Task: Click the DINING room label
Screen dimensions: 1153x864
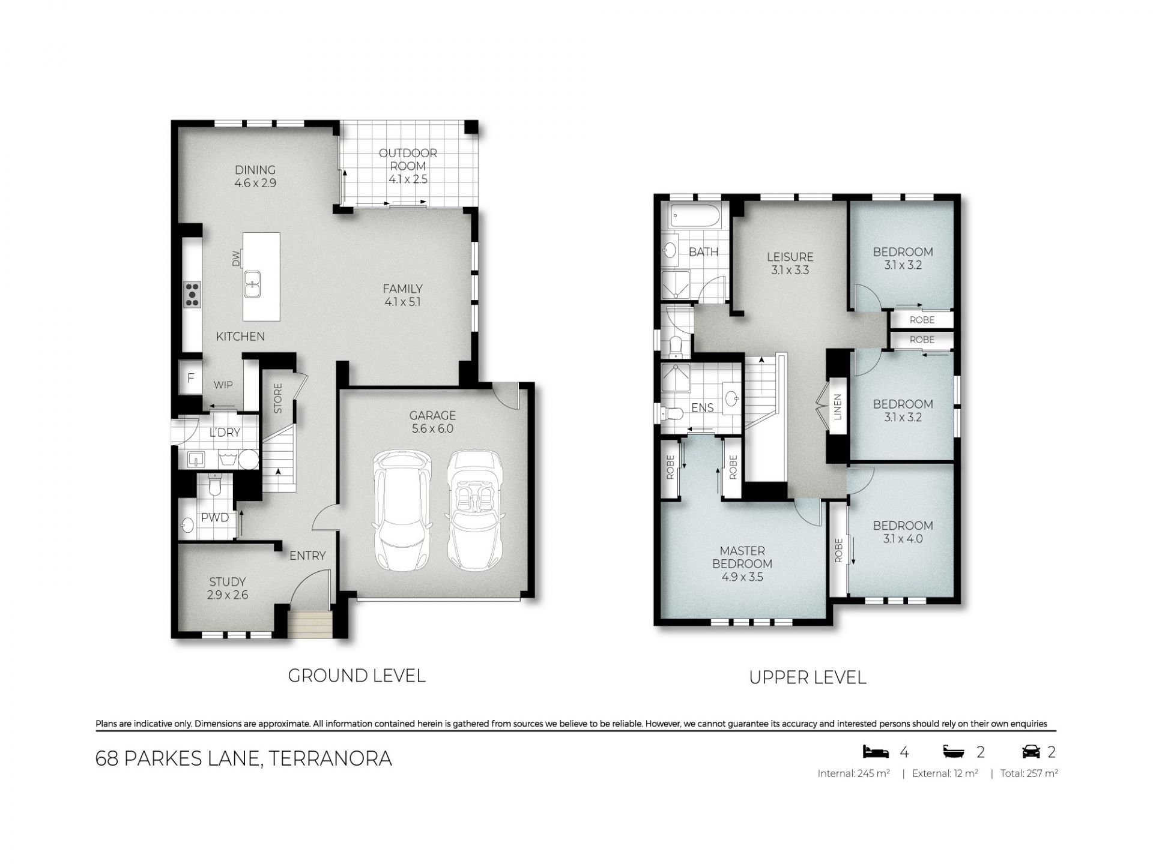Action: (x=255, y=170)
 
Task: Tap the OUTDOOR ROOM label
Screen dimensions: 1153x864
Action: (x=408, y=160)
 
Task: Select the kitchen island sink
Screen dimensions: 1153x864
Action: (x=252, y=284)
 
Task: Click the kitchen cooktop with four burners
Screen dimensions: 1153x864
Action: (x=192, y=295)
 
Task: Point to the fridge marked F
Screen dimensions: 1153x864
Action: (x=191, y=378)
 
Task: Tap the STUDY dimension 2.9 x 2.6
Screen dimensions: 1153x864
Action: (x=228, y=595)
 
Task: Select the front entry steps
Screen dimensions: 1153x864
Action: (x=310, y=625)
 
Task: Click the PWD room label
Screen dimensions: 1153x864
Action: (x=215, y=518)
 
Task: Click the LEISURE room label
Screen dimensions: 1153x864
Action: (x=790, y=257)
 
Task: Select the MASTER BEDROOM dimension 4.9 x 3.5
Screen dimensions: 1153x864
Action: (x=742, y=577)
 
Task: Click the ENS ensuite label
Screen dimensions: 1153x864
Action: (x=703, y=408)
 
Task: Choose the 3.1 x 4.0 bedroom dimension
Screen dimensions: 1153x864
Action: (x=903, y=539)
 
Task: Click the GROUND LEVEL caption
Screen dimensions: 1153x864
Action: (x=357, y=676)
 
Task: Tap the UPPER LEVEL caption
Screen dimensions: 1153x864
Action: (x=808, y=678)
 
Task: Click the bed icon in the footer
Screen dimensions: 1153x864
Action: (x=875, y=751)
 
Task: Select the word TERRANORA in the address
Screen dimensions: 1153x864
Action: (x=331, y=758)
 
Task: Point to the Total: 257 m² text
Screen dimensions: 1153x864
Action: (x=1029, y=774)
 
